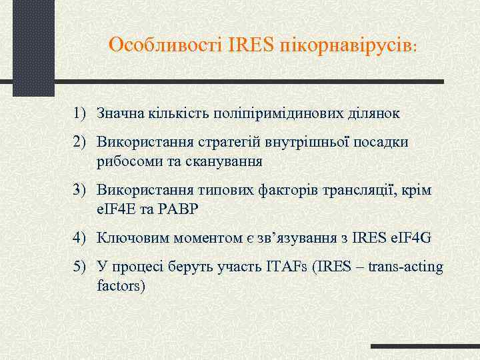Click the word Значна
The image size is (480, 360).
(x=119, y=113)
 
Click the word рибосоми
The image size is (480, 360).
(x=123, y=161)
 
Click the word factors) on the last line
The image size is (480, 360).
(x=120, y=286)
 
